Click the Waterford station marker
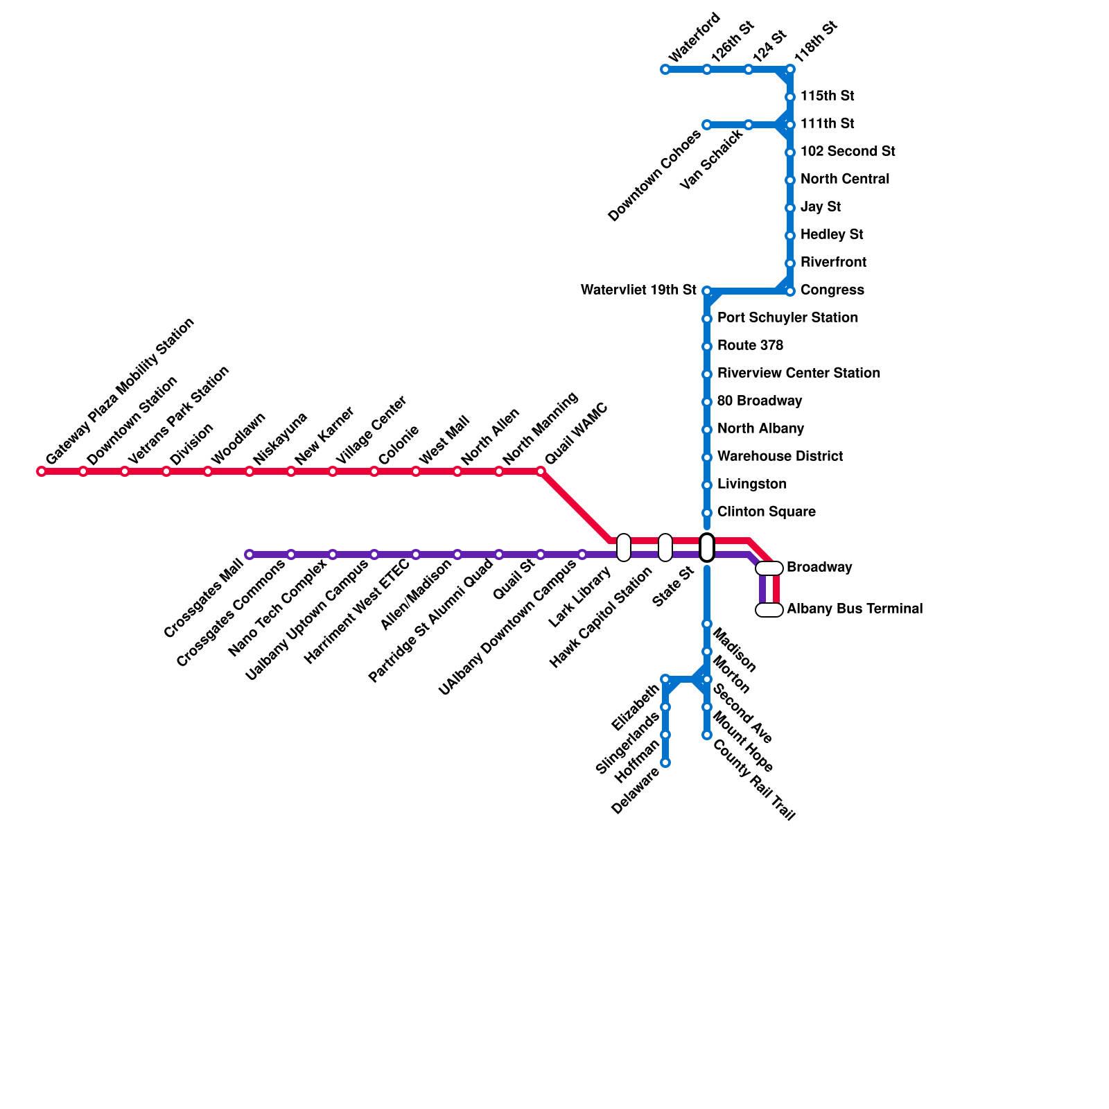click(665, 69)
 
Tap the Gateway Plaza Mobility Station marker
click(42, 472)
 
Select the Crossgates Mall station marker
click(250, 554)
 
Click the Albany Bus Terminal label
click(855, 609)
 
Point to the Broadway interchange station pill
click(769, 568)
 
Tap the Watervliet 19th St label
click(638, 290)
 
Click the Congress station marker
click(790, 291)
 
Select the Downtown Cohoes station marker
click(707, 125)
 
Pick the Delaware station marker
click(665, 762)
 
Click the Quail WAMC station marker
click(541, 472)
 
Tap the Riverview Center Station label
click(798, 374)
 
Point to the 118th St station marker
click(790, 69)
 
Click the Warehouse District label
click(780, 457)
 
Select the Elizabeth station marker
click(665, 679)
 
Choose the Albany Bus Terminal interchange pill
click(769, 610)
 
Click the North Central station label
click(844, 180)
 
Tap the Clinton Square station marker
click(707, 513)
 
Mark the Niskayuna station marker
click(250, 472)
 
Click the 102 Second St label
click(847, 152)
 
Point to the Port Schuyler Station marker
click(707, 319)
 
